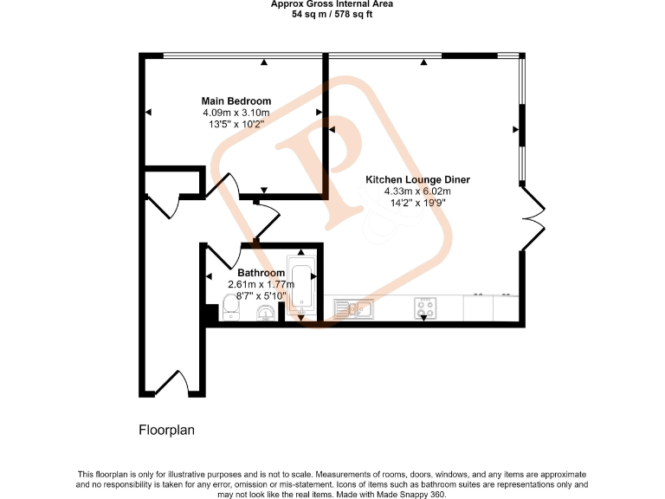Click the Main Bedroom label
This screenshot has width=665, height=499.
point(236,100)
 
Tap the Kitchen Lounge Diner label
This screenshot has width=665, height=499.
point(417,179)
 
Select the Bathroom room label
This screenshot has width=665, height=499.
point(261,273)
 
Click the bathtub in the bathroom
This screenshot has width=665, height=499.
point(302,282)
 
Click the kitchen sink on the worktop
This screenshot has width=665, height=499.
point(352,307)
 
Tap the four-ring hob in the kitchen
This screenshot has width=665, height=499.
point(424,306)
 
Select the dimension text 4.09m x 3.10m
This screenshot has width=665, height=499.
point(236,113)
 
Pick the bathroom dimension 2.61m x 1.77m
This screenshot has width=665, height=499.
point(261,284)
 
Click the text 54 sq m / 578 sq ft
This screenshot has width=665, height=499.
point(332,15)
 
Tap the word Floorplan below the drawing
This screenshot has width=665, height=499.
point(167,430)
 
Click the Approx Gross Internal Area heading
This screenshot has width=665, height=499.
point(332,4)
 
